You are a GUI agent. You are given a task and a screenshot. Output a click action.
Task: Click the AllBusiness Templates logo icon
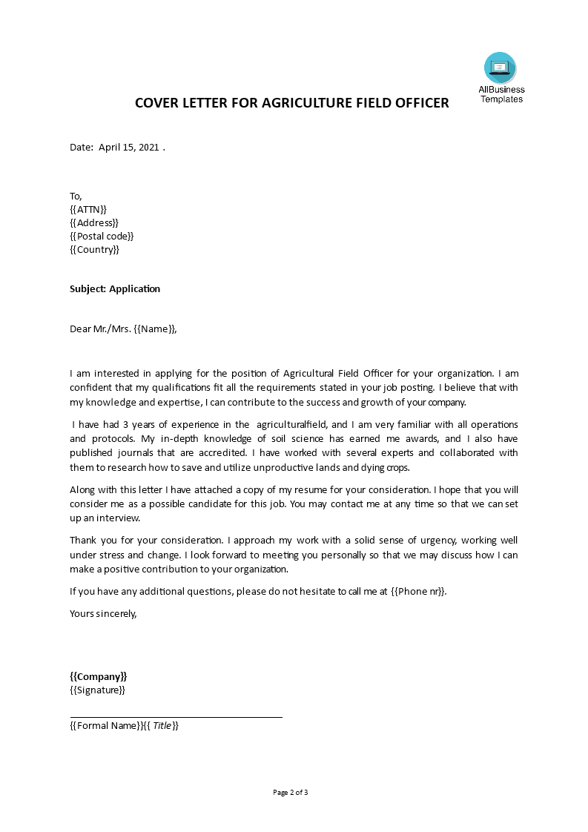pos(500,68)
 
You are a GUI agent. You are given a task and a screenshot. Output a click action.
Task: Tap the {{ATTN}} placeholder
pos(88,209)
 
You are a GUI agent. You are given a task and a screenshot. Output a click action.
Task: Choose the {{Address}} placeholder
pos(93,222)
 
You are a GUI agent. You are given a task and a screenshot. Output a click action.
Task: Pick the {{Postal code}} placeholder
pos(102,236)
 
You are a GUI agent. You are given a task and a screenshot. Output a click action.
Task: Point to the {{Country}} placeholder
pos(94,249)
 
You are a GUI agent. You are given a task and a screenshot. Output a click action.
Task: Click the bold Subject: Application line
pos(115,288)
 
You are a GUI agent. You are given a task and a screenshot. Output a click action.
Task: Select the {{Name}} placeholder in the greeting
pos(156,329)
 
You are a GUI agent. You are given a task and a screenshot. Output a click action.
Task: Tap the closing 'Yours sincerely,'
pos(103,613)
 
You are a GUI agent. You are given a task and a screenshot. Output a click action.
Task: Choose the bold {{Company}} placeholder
pos(98,676)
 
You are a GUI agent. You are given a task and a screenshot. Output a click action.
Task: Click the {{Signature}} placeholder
pos(97,690)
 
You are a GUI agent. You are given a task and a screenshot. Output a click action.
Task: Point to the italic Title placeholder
pos(162,725)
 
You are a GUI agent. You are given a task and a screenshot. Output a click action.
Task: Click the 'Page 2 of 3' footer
pos(291,792)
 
